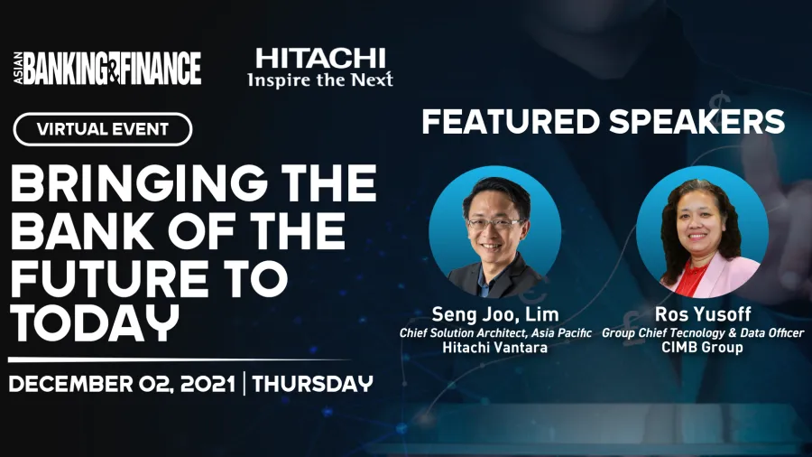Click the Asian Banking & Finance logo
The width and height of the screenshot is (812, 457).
click(x=107, y=68)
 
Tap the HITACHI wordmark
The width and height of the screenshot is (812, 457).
click(x=320, y=59)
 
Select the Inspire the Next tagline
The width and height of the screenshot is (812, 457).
click(x=320, y=79)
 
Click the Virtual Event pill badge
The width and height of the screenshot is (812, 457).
click(x=103, y=129)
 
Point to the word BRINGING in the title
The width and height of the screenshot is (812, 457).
click(x=139, y=183)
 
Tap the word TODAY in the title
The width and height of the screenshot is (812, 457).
click(x=95, y=324)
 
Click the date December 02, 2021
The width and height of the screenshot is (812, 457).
click(x=122, y=384)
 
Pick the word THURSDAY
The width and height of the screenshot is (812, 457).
click(x=313, y=384)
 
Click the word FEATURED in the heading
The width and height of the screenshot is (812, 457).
click(x=511, y=122)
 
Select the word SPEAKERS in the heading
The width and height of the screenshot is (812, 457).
click(x=697, y=122)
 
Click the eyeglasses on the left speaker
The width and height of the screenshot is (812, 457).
click(x=494, y=224)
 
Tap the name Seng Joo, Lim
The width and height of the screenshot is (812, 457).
click(x=495, y=314)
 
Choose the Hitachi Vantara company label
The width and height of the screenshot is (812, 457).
click(x=495, y=347)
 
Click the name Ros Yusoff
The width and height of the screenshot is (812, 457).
click(x=703, y=314)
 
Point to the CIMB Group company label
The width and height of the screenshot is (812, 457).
click(x=702, y=347)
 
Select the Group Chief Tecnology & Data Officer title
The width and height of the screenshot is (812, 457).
click(x=703, y=332)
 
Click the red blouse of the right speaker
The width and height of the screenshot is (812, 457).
click(x=693, y=279)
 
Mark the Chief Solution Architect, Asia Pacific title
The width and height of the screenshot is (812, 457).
click(x=495, y=332)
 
